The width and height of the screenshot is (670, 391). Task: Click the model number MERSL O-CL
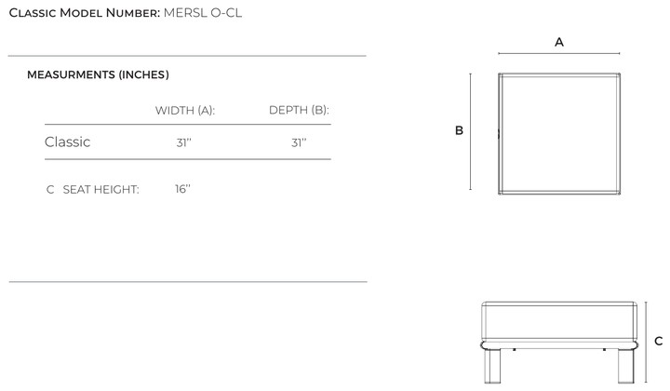click(x=203, y=13)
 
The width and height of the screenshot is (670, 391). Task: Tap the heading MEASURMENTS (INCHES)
click(x=98, y=74)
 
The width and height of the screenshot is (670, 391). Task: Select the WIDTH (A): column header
click(x=185, y=110)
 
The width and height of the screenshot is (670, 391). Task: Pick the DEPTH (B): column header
click(x=299, y=110)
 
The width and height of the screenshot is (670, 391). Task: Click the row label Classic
click(x=68, y=142)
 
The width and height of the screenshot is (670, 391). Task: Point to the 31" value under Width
click(x=183, y=142)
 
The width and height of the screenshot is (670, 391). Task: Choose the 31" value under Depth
click(x=299, y=142)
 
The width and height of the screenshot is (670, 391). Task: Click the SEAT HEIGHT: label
click(x=100, y=189)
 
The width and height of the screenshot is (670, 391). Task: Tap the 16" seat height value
click(x=182, y=188)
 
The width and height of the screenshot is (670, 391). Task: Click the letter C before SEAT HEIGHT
click(x=50, y=189)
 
